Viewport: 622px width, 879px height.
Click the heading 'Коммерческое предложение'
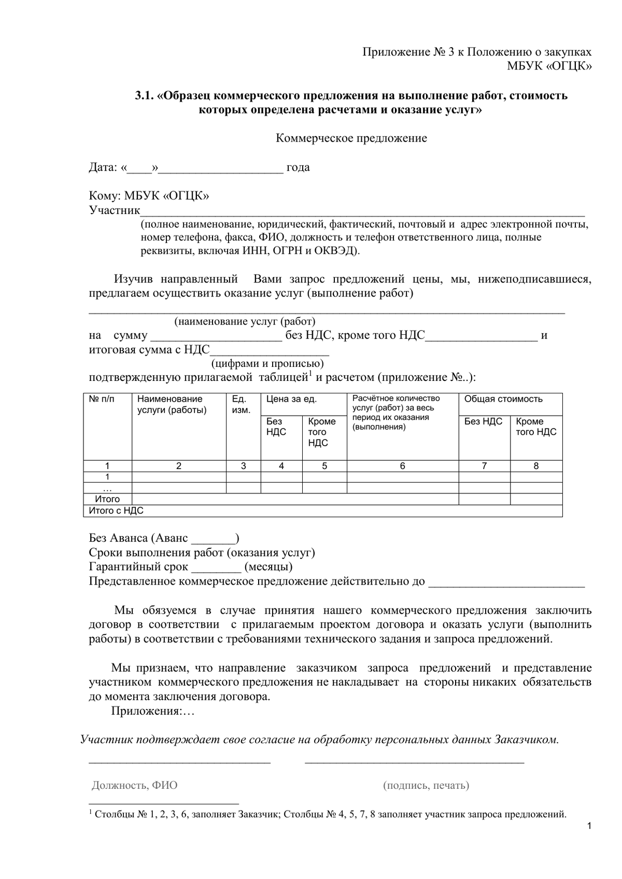(x=351, y=138)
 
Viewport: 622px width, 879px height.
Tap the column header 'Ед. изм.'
(x=241, y=404)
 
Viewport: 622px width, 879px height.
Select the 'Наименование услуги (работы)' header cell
(x=172, y=404)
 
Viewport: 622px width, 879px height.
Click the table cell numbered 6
(x=402, y=466)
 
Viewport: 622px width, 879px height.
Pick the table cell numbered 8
(x=536, y=466)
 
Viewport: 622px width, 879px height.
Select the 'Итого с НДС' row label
(x=116, y=511)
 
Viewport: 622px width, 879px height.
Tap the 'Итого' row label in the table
(x=107, y=499)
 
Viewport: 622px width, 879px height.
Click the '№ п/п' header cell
(x=102, y=399)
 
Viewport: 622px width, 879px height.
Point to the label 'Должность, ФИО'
(x=134, y=785)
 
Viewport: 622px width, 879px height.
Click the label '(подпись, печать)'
(x=426, y=785)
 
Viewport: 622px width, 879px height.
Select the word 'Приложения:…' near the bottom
(x=152, y=711)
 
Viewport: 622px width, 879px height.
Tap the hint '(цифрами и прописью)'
(x=267, y=363)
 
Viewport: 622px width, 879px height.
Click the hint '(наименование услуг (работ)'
(x=245, y=321)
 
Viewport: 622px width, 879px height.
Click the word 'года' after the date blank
(x=298, y=167)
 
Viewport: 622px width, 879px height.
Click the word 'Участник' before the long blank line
(x=115, y=210)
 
